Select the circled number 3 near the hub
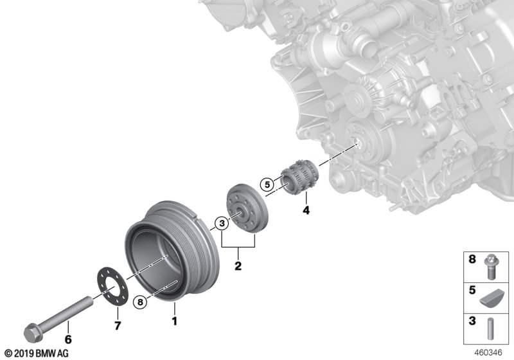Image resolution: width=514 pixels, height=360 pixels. point(221,224)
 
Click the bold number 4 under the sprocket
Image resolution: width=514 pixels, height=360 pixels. point(306,210)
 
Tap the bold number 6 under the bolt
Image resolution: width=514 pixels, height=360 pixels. point(69,336)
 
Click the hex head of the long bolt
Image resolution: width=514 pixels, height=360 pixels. point(30,334)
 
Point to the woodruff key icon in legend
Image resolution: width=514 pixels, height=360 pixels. point(491,296)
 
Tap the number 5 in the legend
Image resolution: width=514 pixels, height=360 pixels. point(472,291)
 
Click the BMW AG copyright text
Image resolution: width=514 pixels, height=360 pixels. point(36,354)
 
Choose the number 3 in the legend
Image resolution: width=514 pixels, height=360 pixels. point(472,320)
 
